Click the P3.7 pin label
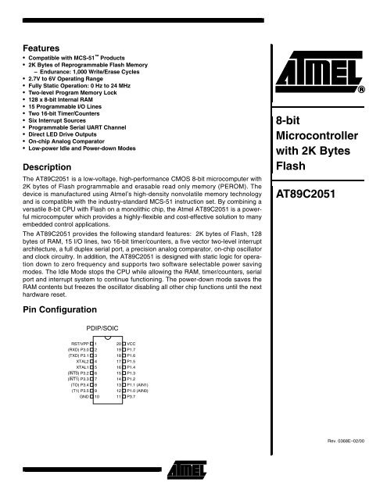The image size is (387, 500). point(131,398)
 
